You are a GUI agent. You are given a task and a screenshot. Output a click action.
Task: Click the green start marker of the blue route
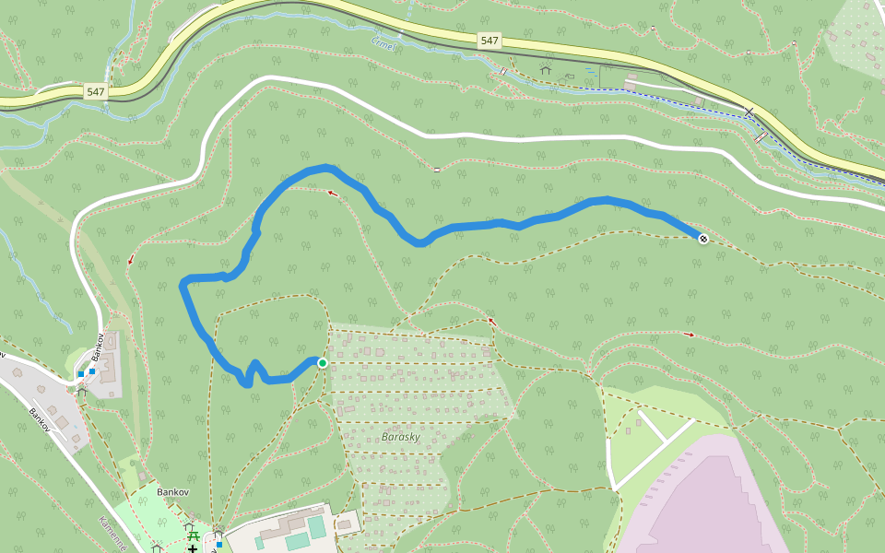pos(323,363)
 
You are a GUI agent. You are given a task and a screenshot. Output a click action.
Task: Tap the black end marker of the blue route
pos(703,239)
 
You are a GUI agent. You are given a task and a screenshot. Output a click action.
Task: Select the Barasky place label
pos(400,437)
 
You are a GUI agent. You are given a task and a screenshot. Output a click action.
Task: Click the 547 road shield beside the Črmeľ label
pos(490,41)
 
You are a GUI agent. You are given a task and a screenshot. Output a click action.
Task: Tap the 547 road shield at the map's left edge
pos(96,91)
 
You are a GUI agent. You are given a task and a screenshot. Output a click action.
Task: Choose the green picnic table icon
pos(193,534)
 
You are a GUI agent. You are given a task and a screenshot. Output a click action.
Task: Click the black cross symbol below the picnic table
pos(192,549)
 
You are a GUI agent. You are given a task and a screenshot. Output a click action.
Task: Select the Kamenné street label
pos(111,534)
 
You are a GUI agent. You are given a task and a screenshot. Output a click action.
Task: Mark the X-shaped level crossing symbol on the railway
pos(749,112)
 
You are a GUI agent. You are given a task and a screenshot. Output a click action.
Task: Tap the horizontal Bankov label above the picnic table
pos(172,492)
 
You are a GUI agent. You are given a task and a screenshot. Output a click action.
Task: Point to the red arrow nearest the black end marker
pos(690,334)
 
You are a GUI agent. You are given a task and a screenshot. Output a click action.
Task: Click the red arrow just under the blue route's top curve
pos(332,193)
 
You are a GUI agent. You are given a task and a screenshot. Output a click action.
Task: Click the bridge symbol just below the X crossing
pos(761,138)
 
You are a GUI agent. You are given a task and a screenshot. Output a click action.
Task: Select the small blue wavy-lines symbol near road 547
pos(589,71)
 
